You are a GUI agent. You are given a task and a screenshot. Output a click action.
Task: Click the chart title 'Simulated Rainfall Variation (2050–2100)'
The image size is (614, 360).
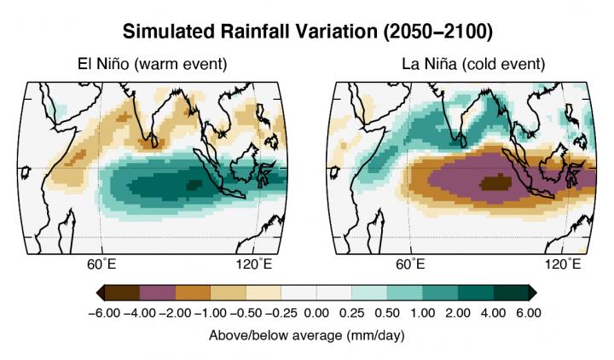tap(307, 32)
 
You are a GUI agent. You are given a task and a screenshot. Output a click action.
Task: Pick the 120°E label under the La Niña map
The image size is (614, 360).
tap(563, 263)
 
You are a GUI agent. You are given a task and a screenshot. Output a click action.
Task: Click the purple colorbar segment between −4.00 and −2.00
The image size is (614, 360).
tap(156, 293)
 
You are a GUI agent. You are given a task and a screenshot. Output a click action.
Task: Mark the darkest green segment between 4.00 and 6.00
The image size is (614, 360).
tap(510, 293)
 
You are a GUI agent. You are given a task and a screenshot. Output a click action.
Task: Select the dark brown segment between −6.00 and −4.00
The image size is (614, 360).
tap(121, 293)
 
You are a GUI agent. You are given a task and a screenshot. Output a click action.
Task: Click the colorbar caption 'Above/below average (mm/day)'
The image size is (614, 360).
tap(307, 335)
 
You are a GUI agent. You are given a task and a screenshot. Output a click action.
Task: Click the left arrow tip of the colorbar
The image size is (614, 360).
tap(100, 293)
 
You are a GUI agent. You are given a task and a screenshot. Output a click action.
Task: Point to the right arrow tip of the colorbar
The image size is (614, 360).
tap(534, 293)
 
